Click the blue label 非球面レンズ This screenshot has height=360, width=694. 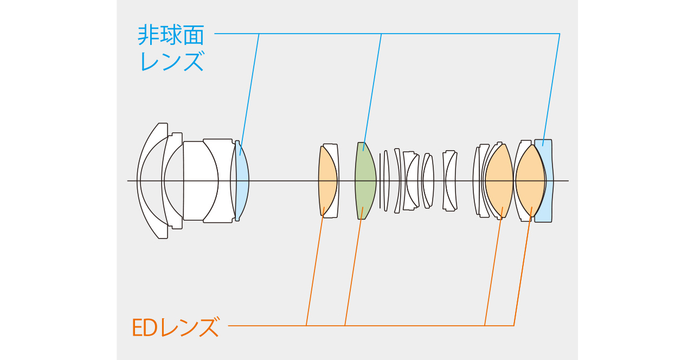pos(171,48)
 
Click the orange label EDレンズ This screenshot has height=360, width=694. pos(176,327)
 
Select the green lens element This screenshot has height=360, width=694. pos(365,181)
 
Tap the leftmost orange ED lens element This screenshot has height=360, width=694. pos(327,181)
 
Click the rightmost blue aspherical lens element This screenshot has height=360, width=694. pos(544,181)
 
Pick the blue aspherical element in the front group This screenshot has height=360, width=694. pos(242,181)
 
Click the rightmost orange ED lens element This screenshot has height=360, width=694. pos(530,181)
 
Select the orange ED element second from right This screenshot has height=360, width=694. pos(499,181)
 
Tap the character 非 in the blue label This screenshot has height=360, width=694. pos(149,35)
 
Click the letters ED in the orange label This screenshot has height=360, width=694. pos(144,327)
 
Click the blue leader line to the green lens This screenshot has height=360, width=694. pos(372,92)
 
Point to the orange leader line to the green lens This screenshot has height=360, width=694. pos(354,266)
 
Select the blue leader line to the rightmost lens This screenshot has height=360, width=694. pos(551,89)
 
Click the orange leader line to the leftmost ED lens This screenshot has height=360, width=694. pos(315,266)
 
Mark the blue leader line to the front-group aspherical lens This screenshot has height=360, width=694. pos(249,94)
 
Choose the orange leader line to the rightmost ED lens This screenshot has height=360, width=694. pos(523,266)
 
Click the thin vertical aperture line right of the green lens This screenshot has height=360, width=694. pos(380,181)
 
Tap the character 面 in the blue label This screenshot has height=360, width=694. pos(194,35)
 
